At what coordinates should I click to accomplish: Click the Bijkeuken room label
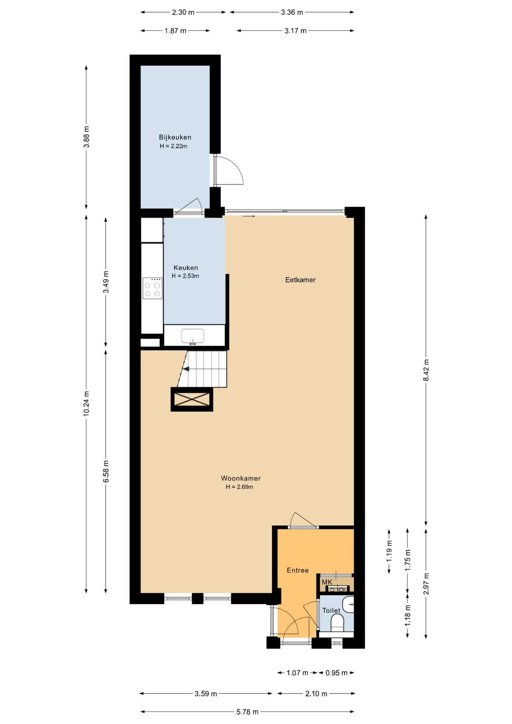tap(175, 138)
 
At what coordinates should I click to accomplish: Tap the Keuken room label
tap(185, 268)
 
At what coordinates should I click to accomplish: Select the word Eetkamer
tap(300, 280)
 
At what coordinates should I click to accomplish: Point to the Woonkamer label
tap(241, 478)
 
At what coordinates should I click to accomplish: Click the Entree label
tap(298, 570)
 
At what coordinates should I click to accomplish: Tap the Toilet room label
tap(331, 610)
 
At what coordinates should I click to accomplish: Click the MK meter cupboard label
tap(327, 582)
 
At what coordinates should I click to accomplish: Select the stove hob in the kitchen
tap(152, 288)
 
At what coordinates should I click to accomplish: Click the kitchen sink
tap(193, 336)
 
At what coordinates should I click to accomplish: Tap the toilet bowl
tap(337, 624)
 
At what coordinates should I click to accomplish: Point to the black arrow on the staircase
tap(186, 368)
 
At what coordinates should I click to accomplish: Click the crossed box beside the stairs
tap(192, 399)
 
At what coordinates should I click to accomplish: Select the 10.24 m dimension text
tap(86, 403)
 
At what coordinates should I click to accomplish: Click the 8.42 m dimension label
tap(426, 370)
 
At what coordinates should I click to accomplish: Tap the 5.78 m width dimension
tap(247, 712)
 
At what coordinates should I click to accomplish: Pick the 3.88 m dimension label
tap(86, 137)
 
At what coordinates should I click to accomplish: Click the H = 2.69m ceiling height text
tap(239, 487)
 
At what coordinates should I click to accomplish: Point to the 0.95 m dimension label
tap(337, 673)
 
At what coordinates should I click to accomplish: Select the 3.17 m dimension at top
tap(296, 31)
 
